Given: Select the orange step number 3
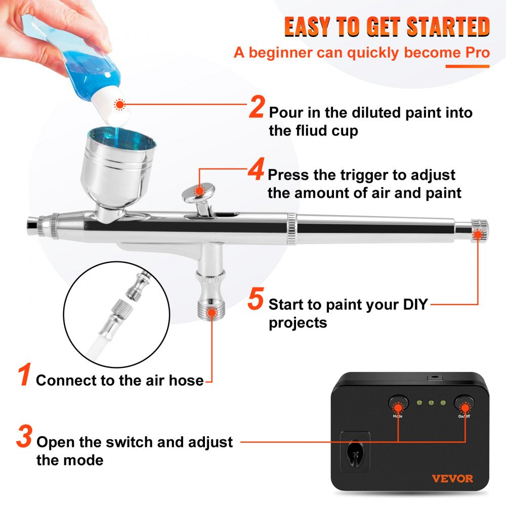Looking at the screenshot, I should tap(24, 437).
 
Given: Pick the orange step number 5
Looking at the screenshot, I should tap(256, 300).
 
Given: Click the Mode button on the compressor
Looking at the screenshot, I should tap(398, 405).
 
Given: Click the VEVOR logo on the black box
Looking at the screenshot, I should tap(452, 478).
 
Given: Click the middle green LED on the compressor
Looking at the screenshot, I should tap(431, 403).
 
